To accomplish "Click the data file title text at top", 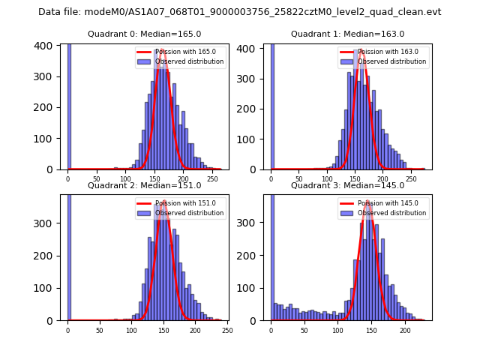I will pyautogui.click(x=240, y=12).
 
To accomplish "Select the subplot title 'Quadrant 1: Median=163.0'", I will pyautogui.click(x=347, y=34).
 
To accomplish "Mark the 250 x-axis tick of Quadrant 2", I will pyautogui.click(x=227, y=330).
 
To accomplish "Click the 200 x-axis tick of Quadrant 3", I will pyautogui.click(x=405, y=330).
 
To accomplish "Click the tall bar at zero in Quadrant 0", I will pyautogui.click(x=69, y=105).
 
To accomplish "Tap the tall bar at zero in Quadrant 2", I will pyautogui.click(x=69, y=255).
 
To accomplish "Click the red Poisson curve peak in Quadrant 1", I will pyautogui.click(x=362, y=50).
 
